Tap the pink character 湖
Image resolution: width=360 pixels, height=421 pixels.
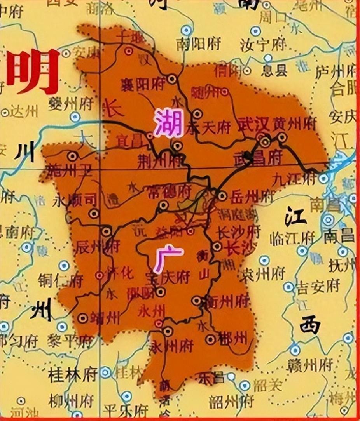(x=169, y=122)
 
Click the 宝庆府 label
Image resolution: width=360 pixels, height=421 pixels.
(x=173, y=277)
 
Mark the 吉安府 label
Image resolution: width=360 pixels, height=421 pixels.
(x=318, y=287)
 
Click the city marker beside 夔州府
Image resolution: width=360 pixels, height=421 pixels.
(x=75, y=117)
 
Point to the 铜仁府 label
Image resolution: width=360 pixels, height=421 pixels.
(x=61, y=280)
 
